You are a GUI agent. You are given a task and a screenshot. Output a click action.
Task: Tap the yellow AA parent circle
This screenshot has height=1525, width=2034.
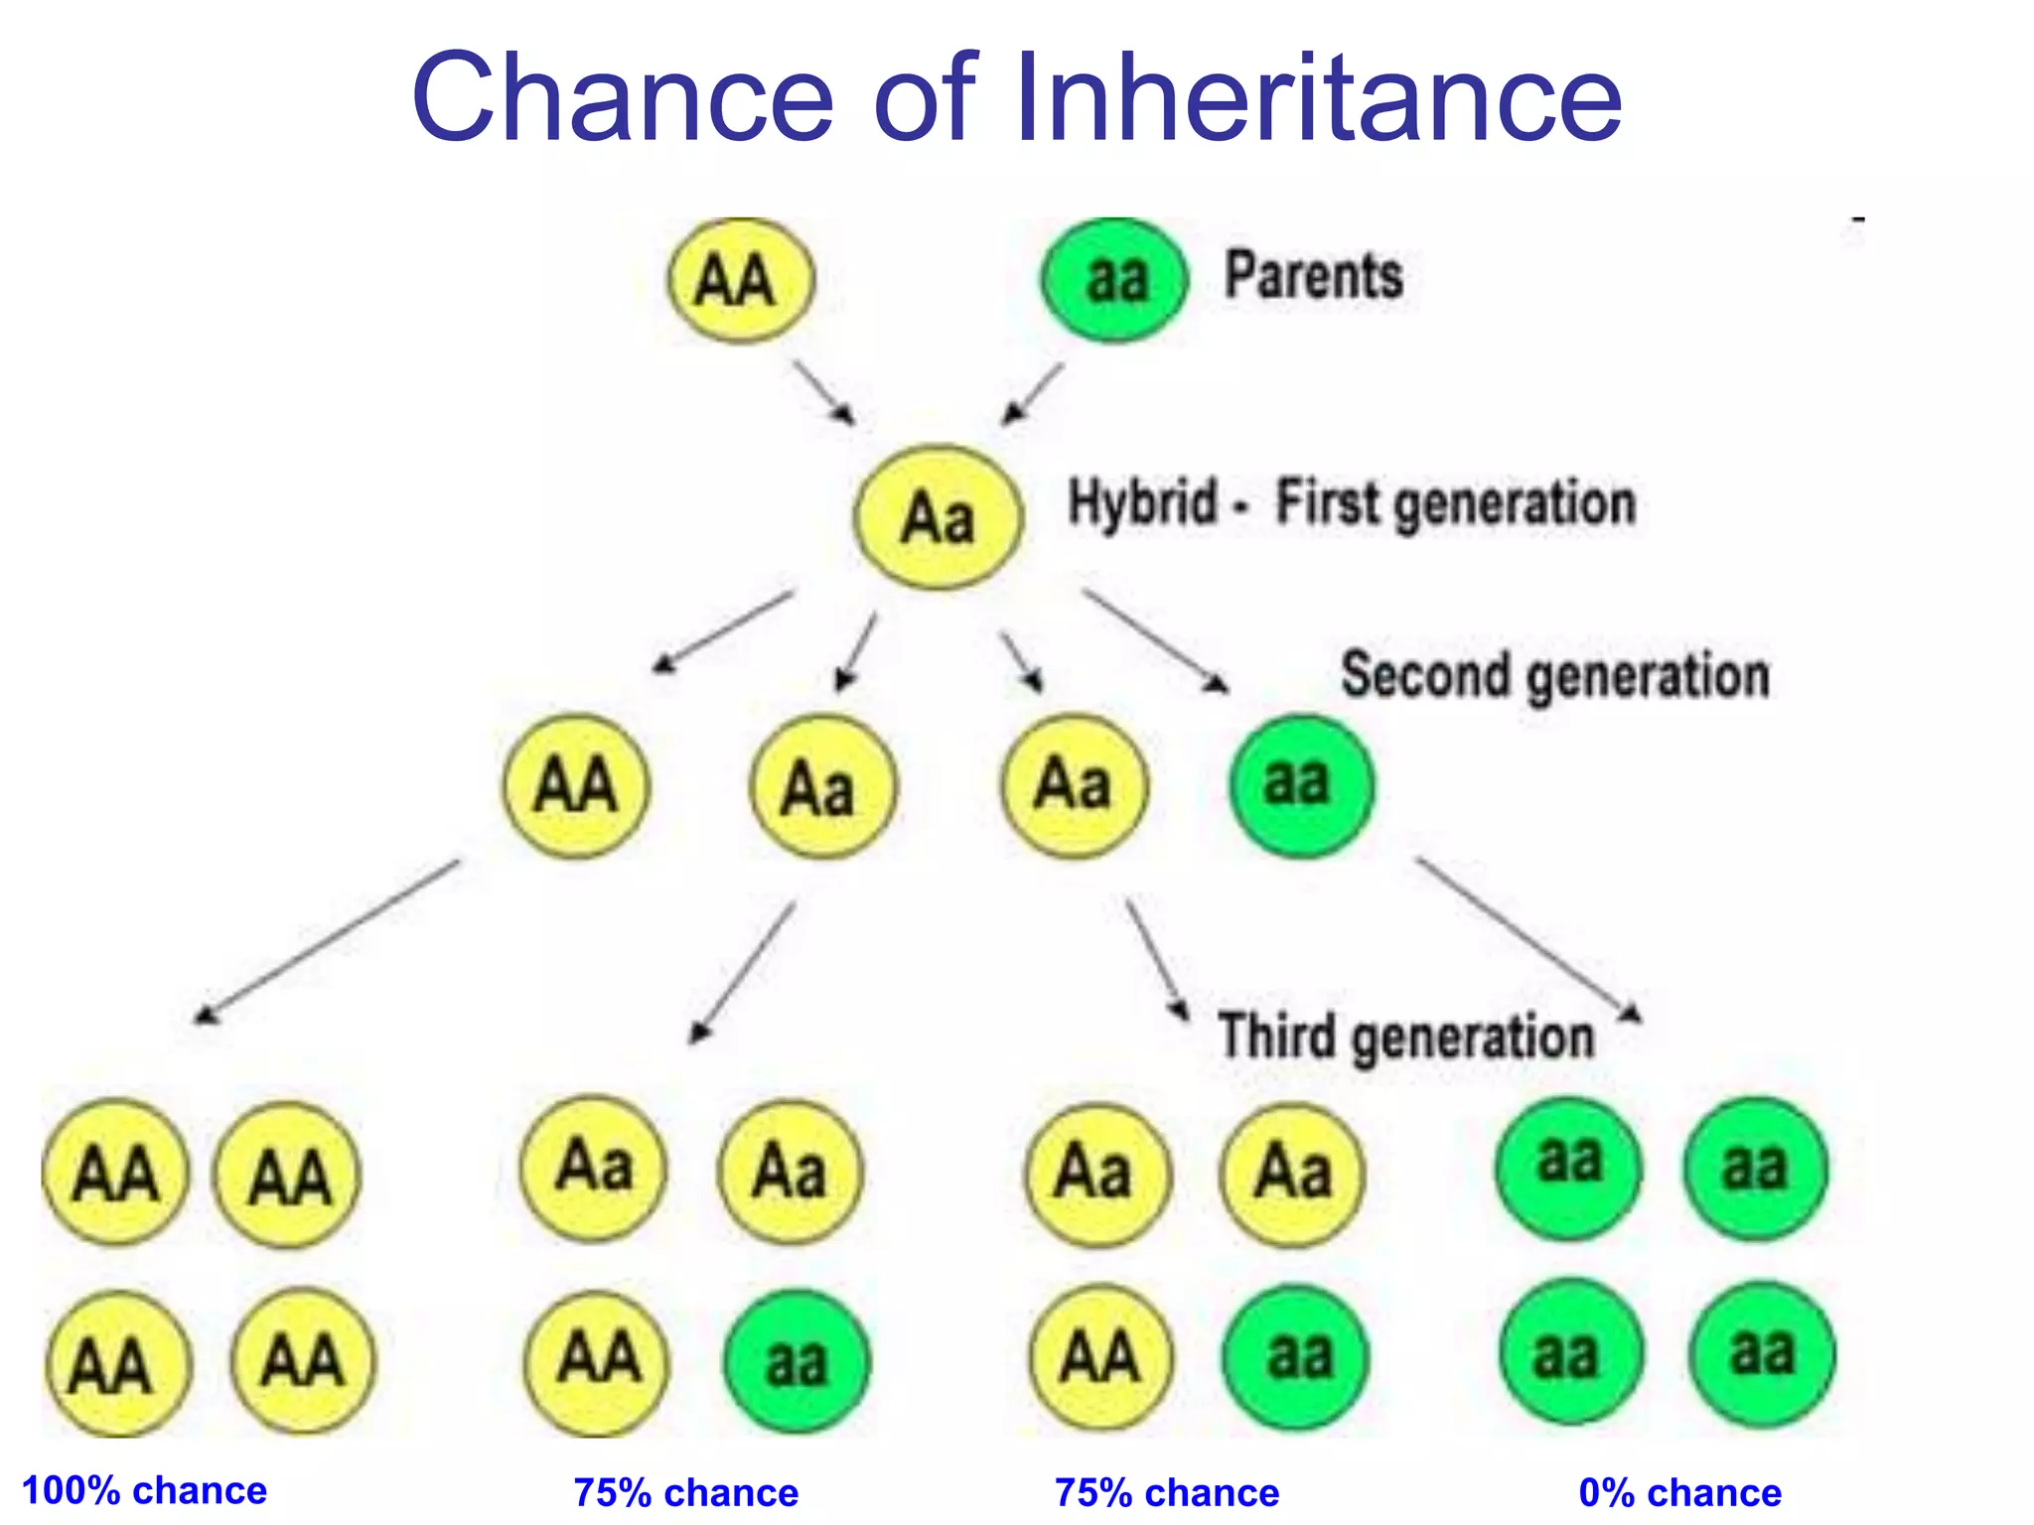(740, 280)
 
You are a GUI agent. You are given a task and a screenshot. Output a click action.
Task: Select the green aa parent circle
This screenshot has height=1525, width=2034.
(1114, 280)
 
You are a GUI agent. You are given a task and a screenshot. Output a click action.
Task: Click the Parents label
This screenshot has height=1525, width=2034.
(1313, 275)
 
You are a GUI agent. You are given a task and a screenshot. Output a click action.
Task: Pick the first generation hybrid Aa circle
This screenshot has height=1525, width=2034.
(938, 517)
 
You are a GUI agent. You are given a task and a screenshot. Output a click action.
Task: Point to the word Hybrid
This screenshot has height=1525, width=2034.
(1142, 501)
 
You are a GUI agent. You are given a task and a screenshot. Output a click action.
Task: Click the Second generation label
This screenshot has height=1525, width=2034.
(1554, 675)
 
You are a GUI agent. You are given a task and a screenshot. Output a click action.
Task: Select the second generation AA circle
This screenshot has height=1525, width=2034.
(576, 785)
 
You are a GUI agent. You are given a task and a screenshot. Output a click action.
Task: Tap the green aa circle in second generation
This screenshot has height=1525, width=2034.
(1301, 784)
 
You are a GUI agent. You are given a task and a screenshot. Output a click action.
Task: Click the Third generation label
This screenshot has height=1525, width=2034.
(1405, 1037)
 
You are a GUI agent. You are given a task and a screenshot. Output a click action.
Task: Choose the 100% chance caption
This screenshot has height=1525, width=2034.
(145, 1490)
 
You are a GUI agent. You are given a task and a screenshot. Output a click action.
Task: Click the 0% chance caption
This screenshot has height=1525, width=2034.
(1679, 1492)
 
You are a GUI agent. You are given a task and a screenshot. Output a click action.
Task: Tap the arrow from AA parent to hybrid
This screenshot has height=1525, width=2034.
(822, 391)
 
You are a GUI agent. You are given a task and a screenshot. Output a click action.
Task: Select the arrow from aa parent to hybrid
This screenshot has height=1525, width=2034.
(1033, 393)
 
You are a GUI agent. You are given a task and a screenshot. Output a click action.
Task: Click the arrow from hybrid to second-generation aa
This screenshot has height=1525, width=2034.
(1155, 640)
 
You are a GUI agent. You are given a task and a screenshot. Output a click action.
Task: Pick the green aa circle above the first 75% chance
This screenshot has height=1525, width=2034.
(797, 1360)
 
